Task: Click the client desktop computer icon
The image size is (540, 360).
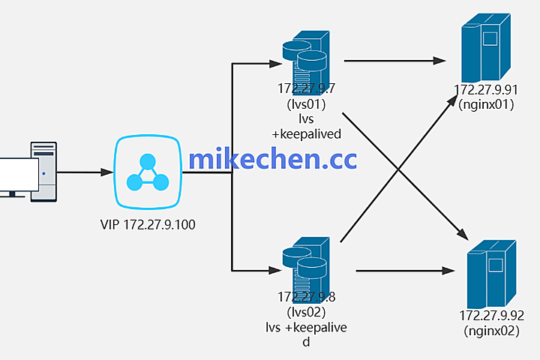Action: (30, 171)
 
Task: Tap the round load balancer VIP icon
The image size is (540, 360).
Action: (147, 173)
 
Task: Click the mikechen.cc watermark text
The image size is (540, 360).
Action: (272, 159)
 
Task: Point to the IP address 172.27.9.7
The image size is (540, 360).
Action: (306, 88)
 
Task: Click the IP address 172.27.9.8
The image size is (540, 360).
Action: (306, 297)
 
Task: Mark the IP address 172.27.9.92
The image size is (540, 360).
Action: (490, 315)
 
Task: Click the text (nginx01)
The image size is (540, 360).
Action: (486, 105)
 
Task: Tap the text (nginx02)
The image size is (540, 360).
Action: (490, 329)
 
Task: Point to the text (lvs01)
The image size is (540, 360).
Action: (306, 103)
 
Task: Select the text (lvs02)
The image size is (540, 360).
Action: (306, 311)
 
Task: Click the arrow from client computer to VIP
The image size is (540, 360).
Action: (84, 172)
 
